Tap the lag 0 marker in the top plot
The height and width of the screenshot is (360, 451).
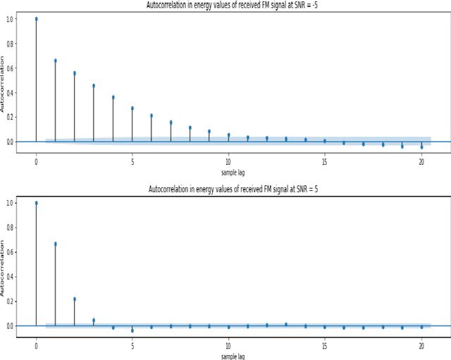point(36,19)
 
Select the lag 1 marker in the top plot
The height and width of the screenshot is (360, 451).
point(55,61)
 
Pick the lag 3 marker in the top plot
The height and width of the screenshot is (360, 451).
point(94,86)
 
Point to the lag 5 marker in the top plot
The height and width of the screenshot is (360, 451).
point(132,108)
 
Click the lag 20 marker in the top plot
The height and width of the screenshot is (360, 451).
point(421,147)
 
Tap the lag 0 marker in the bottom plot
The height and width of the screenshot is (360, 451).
point(36,203)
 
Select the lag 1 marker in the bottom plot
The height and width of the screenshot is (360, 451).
point(55,244)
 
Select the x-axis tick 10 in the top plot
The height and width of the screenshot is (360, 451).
point(228,161)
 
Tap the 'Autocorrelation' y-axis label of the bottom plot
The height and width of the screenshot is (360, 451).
point(3,267)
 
